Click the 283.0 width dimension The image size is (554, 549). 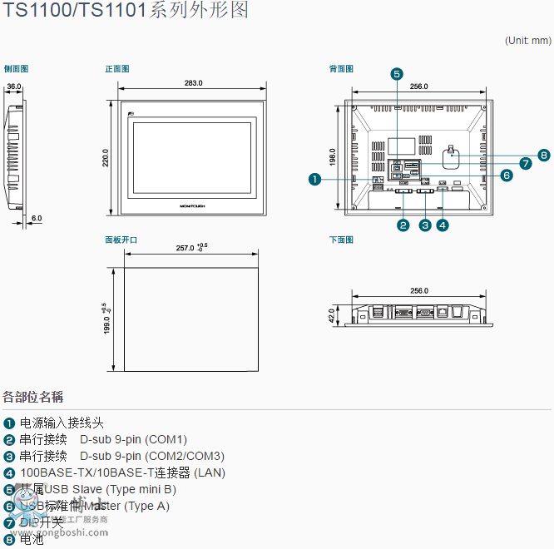[193, 83]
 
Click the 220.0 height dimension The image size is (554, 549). [106, 158]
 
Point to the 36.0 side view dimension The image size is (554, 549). [14, 86]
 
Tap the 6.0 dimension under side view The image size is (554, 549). [37, 218]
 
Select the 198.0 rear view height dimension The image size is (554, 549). [333, 156]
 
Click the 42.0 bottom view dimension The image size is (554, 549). [331, 315]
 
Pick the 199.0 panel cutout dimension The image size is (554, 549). [106, 319]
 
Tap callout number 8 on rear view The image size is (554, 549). [543, 155]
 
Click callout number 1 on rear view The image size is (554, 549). [314, 178]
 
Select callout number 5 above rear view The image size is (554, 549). [397, 74]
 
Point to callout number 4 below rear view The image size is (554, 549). [443, 225]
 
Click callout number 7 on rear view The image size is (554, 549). [525, 164]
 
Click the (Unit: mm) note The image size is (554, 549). [527, 41]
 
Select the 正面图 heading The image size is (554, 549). [117, 69]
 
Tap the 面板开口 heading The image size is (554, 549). [121, 240]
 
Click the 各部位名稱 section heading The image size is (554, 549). [33, 397]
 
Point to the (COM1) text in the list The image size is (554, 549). [166, 439]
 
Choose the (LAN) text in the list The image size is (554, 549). [209, 472]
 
